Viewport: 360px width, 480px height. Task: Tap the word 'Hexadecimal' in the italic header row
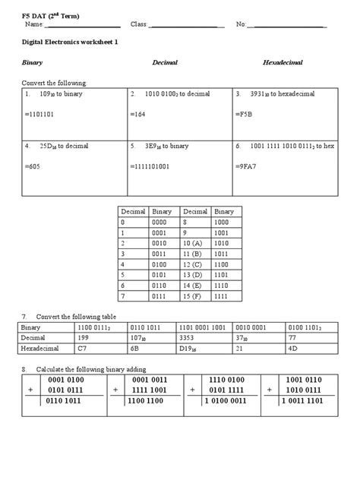(x=283, y=62)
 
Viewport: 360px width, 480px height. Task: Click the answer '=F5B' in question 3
(x=246, y=114)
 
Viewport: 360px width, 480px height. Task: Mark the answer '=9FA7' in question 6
(x=248, y=166)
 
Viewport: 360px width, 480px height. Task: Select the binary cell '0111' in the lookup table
(x=161, y=295)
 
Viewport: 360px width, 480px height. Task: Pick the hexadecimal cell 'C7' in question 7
(x=83, y=349)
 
